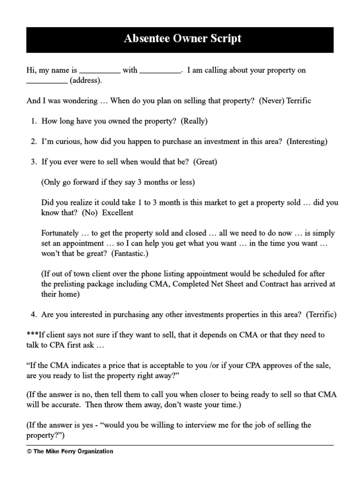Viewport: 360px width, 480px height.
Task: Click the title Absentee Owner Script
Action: pos(182,38)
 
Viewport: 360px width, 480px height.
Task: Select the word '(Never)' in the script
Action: pos(272,101)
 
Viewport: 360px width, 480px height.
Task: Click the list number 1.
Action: pos(34,121)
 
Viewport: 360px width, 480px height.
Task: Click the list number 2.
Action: pos(34,141)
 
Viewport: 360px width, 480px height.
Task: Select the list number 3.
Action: pos(34,162)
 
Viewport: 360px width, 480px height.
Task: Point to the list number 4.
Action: pos(34,315)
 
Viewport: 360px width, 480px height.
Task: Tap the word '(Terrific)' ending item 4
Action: pos(322,315)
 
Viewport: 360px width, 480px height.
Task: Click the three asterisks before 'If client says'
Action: pos(32,335)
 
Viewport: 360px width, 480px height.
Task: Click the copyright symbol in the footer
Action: pos(29,451)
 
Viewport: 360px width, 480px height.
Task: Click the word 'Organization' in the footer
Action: pos(97,451)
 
